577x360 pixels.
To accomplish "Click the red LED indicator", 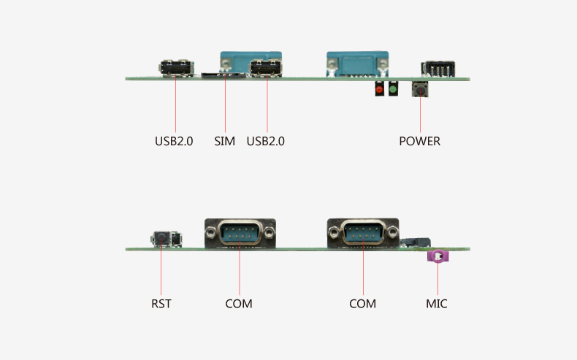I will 379,90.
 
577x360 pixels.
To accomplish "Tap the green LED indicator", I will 393,90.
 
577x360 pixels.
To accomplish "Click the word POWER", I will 420,141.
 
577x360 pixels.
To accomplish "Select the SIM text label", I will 225,141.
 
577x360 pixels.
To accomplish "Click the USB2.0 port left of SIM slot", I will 176,69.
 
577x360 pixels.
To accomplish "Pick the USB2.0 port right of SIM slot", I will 267,69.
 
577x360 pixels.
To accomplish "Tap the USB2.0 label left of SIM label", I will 174,141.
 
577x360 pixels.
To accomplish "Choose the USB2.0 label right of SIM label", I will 266,141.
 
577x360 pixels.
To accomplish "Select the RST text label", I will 161,303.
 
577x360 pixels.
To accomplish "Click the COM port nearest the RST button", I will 240,234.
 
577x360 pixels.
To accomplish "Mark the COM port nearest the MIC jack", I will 363,234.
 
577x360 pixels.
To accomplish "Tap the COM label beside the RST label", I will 239,303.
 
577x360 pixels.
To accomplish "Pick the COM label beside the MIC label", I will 362,303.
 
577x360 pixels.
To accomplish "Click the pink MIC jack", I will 437,256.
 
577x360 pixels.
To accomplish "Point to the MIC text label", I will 437,303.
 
